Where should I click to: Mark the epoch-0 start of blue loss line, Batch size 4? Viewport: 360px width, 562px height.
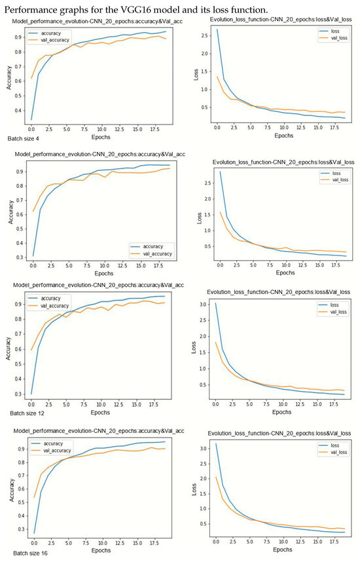pos(217,29)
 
